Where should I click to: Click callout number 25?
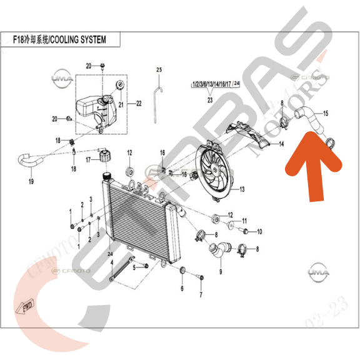(x=159, y=69)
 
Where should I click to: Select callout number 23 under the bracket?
(x=210, y=99)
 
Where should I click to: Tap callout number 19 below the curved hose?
(x=31, y=182)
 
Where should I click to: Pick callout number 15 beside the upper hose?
(x=324, y=113)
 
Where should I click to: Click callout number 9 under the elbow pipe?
(x=220, y=272)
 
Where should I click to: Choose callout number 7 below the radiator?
(x=201, y=294)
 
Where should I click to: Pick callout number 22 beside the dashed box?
(x=139, y=103)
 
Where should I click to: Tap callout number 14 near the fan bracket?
(x=281, y=144)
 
